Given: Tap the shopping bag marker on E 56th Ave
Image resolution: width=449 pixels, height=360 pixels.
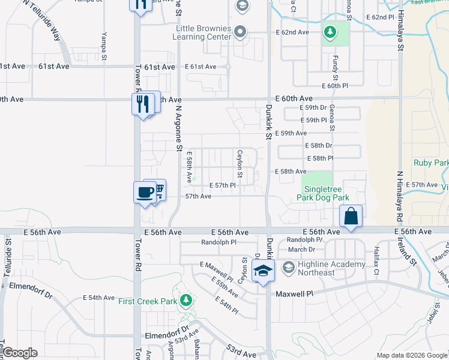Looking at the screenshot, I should pyautogui.click(x=351, y=216).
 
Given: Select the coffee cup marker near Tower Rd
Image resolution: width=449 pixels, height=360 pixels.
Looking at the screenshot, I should pyautogui.click(x=145, y=193).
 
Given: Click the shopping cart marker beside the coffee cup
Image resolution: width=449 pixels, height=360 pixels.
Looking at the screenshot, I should pyautogui.click(x=158, y=190).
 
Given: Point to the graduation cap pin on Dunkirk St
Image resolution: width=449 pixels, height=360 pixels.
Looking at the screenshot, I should pyautogui.click(x=262, y=271).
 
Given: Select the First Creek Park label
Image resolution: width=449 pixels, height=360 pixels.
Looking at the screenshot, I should pyautogui.click(x=147, y=301).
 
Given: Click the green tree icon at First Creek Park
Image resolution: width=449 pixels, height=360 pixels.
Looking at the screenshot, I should pyautogui.click(x=187, y=300).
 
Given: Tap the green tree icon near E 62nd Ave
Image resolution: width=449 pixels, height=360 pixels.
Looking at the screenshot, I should pyautogui.click(x=330, y=31).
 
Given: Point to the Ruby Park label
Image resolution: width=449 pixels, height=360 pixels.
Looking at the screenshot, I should pyautogui.click(x=431, y=163).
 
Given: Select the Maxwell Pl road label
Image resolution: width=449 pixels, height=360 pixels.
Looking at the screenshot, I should pyautogui.click(x=294, y=294).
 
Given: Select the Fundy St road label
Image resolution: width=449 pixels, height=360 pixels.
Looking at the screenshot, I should pyautogui.click(x=335, y=68).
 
